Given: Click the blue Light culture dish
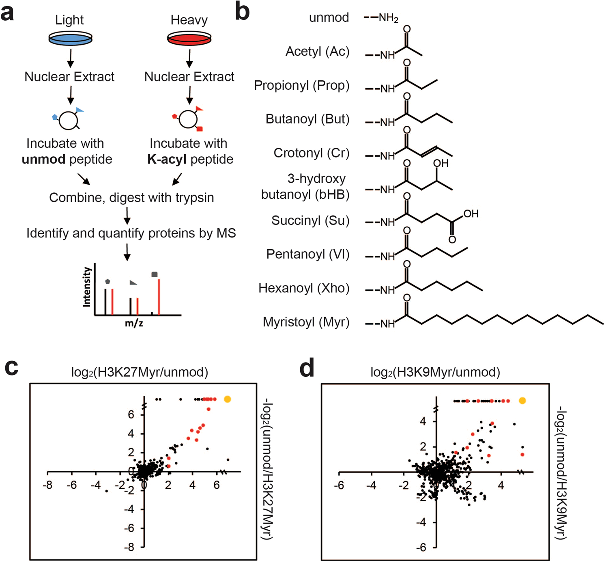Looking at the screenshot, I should pyautogui.click(x=70, y=39).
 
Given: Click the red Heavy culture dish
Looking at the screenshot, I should pyautogui.click(x=189, y=39).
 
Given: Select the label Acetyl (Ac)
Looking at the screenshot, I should pyautogui.click(x=317, y=52).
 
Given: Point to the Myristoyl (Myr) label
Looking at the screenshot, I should pyautogui.click(x=306, y=322).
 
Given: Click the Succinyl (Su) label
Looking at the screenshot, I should pyautogui.click(x=310, y=220).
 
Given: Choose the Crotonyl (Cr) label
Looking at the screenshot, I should pyautogui.click(x=311, y=153).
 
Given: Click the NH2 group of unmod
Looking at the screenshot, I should pyautogui.click(x=388, y=18).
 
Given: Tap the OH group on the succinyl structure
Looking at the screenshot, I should pyautogui.click(x=471, y=214).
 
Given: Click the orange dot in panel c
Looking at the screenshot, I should pyautogui.click(x=228, y=399).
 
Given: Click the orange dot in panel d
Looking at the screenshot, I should pyautogui.click(x=522, y=401).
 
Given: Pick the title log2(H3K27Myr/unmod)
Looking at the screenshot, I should pyautogui.click(x=140, y=372).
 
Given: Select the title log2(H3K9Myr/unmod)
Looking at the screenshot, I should pyautogui.click(x=435, y=372).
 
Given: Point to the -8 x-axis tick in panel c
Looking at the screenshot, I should pyautogui.click(x=47, y=485).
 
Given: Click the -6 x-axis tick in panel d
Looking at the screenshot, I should pyautogui.click(x=339, y=485).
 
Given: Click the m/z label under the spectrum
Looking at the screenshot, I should pyautogui.click(x=134, y=324).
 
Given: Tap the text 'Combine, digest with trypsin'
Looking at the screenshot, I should pyautogui.click(x=131, y=198).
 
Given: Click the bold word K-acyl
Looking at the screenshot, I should pyautogui.click(x=167, y=160).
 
